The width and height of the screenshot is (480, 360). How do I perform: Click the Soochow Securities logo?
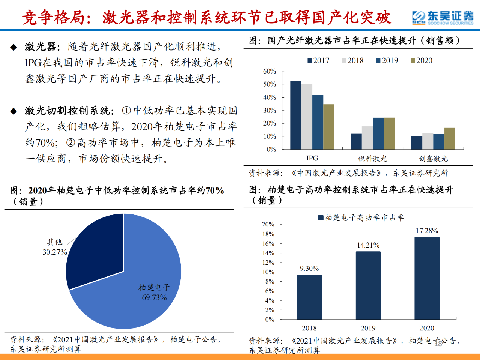click(x=442, y=18)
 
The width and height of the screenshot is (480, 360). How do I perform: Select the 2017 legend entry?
click(x=318, y=61)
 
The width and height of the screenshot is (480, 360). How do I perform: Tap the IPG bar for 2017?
click(x=295, y=115)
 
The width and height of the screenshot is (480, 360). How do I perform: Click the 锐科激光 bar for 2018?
click(x=367, y=138)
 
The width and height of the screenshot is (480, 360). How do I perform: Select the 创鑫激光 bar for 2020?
click(x=450, y=139)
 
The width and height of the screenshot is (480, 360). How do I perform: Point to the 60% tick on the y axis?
click(x=269, y=71)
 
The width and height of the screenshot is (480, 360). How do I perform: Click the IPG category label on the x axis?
click(x=312, y=158)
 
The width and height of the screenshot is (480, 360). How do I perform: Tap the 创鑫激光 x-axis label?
click(x=433, y=159)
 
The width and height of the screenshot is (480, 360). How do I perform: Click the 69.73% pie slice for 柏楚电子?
click(x=142, y=277)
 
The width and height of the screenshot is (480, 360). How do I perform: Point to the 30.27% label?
click(x=55, y=252)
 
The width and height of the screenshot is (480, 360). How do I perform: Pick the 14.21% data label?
click(x=368, y=245)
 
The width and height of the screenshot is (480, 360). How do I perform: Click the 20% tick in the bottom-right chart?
click(x=268, y=225)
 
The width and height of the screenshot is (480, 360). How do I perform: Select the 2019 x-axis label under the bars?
click(x=368, y=328)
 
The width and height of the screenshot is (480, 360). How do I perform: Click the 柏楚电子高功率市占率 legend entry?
click(x=361, y=218)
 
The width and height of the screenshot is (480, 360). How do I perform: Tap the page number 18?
click(x=438, y=343)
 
